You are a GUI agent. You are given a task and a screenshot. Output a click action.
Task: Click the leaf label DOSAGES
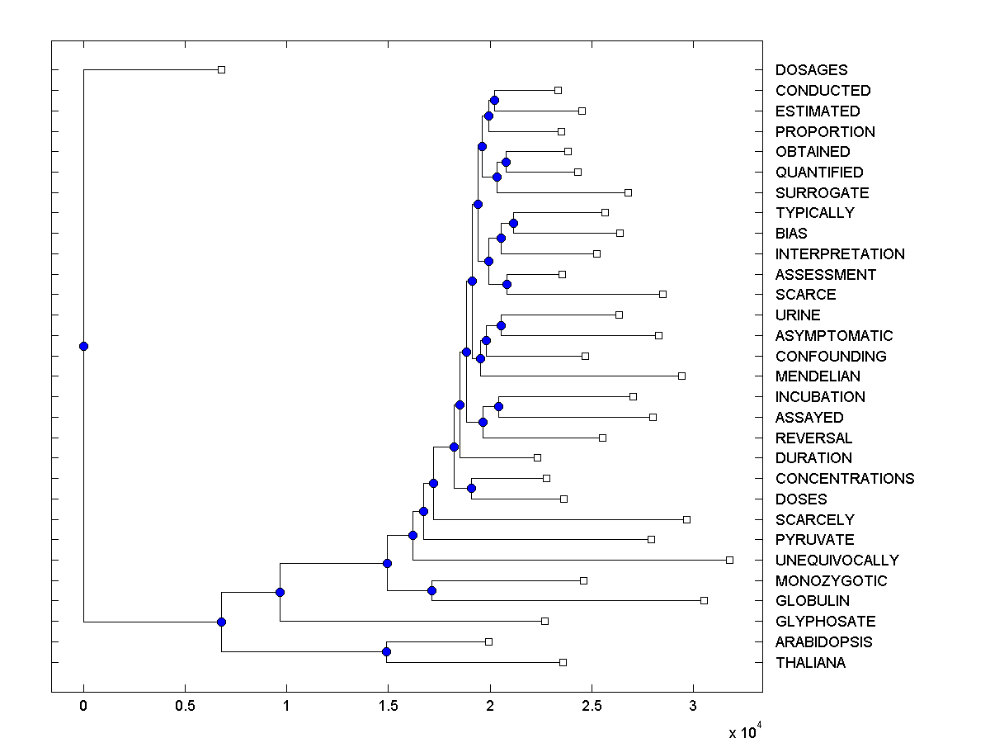811,70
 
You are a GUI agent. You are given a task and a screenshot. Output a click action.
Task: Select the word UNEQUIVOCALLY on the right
837,560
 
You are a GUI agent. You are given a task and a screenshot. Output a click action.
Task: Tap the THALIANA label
810,663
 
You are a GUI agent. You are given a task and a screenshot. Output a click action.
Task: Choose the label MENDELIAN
818,376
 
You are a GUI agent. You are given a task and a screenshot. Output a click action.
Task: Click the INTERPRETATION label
840,254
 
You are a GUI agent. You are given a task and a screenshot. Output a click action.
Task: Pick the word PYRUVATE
814,540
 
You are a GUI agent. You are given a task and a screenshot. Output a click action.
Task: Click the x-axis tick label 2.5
591,706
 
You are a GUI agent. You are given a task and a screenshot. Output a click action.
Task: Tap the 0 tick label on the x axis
83,706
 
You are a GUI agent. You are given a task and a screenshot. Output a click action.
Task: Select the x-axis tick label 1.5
388,706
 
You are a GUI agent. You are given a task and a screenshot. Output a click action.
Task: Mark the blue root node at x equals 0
83,346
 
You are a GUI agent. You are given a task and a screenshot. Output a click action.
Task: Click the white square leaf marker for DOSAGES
221,69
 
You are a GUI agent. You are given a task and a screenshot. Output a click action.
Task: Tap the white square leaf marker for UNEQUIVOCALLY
729,560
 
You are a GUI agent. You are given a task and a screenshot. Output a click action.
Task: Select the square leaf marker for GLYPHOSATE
544,621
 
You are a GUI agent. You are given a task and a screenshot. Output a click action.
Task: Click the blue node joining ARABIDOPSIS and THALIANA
386,652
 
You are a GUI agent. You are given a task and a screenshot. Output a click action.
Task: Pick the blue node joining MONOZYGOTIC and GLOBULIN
431,590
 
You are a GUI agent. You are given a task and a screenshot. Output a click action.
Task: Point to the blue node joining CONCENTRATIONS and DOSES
471,488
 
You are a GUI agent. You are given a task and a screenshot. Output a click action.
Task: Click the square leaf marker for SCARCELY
686,519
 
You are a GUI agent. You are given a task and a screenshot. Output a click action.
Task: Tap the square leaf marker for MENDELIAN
681,376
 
